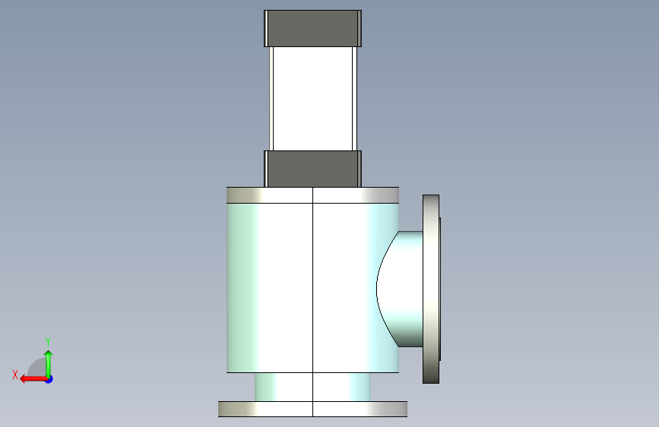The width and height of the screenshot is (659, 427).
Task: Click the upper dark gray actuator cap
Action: pos(312,29)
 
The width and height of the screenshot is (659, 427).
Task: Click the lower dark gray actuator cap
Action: pos(312,169)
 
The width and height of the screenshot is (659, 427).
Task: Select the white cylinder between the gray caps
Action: pos(312,99)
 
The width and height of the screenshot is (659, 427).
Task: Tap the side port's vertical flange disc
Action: pos(430,289)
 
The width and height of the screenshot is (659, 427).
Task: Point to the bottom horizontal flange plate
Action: pos(312,409)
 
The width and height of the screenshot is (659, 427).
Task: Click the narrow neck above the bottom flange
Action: pos(312,387)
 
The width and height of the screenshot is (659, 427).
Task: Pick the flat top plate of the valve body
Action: pos(312,195)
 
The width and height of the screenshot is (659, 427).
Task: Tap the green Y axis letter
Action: pos(48,341)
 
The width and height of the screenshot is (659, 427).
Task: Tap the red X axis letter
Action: pos(15,375)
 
